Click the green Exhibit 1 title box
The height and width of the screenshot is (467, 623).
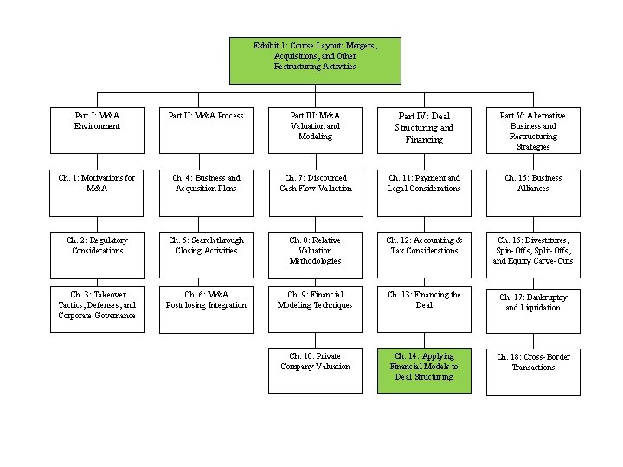point(315,60)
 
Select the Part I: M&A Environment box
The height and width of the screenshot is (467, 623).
point(97,130)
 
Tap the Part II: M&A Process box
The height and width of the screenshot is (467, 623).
point(206,130)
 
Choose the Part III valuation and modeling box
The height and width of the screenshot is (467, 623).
point(315,130)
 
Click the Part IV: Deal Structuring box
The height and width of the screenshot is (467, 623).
point(424,130)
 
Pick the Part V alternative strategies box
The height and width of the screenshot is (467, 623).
point(533,130)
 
